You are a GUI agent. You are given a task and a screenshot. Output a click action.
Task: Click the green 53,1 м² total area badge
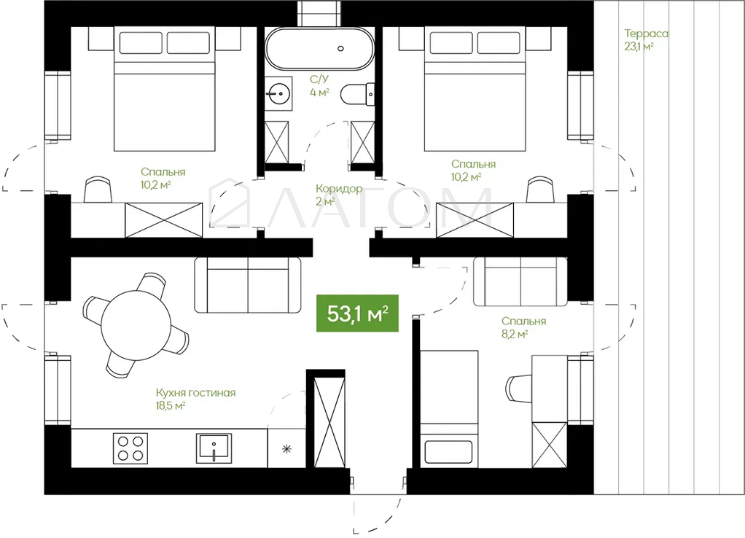coord(357,313)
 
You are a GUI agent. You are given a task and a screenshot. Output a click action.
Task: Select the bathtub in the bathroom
coord(319,49)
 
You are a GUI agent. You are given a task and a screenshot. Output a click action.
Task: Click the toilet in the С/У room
coord(357,93)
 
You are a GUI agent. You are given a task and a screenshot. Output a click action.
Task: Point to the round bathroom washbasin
coord(278,93)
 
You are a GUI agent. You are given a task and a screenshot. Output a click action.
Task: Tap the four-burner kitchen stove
coord(130,448)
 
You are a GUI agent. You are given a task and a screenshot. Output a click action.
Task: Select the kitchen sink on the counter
coord(214,448)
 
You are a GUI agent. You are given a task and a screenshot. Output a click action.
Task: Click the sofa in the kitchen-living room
coord(248,285)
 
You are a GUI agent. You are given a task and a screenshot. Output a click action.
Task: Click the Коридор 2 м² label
coord(338,195)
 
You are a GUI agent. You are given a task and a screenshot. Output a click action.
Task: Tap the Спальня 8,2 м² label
coord(523,327)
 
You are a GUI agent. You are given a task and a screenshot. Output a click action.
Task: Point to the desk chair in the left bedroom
coord(98,190)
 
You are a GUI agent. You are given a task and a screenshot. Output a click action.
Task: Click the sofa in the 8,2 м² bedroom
coord(520,282)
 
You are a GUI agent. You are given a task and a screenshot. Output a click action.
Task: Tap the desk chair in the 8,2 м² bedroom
coord(519,388)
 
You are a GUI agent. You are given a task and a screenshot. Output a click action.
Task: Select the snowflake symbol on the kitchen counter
coord(286,448)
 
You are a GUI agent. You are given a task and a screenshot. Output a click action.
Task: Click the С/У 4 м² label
coord(319,85)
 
